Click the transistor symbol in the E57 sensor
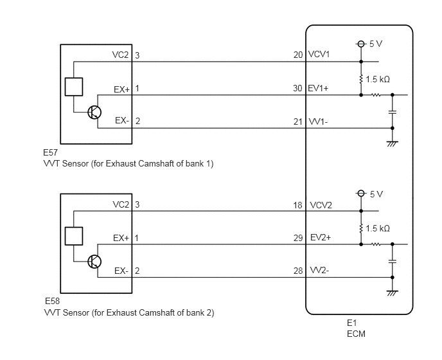click(94, 113)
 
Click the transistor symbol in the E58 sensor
click(94, 262)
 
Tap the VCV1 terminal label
click(319, 54)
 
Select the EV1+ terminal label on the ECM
click(318, 88)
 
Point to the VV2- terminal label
click(319, 270)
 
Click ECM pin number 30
click(297, 89)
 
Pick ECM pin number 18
click(297, 205)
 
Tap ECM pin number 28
click(298, 271)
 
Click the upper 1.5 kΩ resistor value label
click(378, 79)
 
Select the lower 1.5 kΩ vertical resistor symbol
click(361, 228)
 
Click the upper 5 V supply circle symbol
click(361, 44)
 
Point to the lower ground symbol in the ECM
click(393, 293)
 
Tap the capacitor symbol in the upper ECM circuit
click(393, 113)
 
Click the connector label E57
click(51, 152)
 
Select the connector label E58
click(53, 301)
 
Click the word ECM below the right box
click(357, 334)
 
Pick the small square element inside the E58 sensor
click(74, 236)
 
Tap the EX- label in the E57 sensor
click(122, 120)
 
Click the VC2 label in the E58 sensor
click(121, 204)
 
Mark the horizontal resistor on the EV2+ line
click(376, 244)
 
